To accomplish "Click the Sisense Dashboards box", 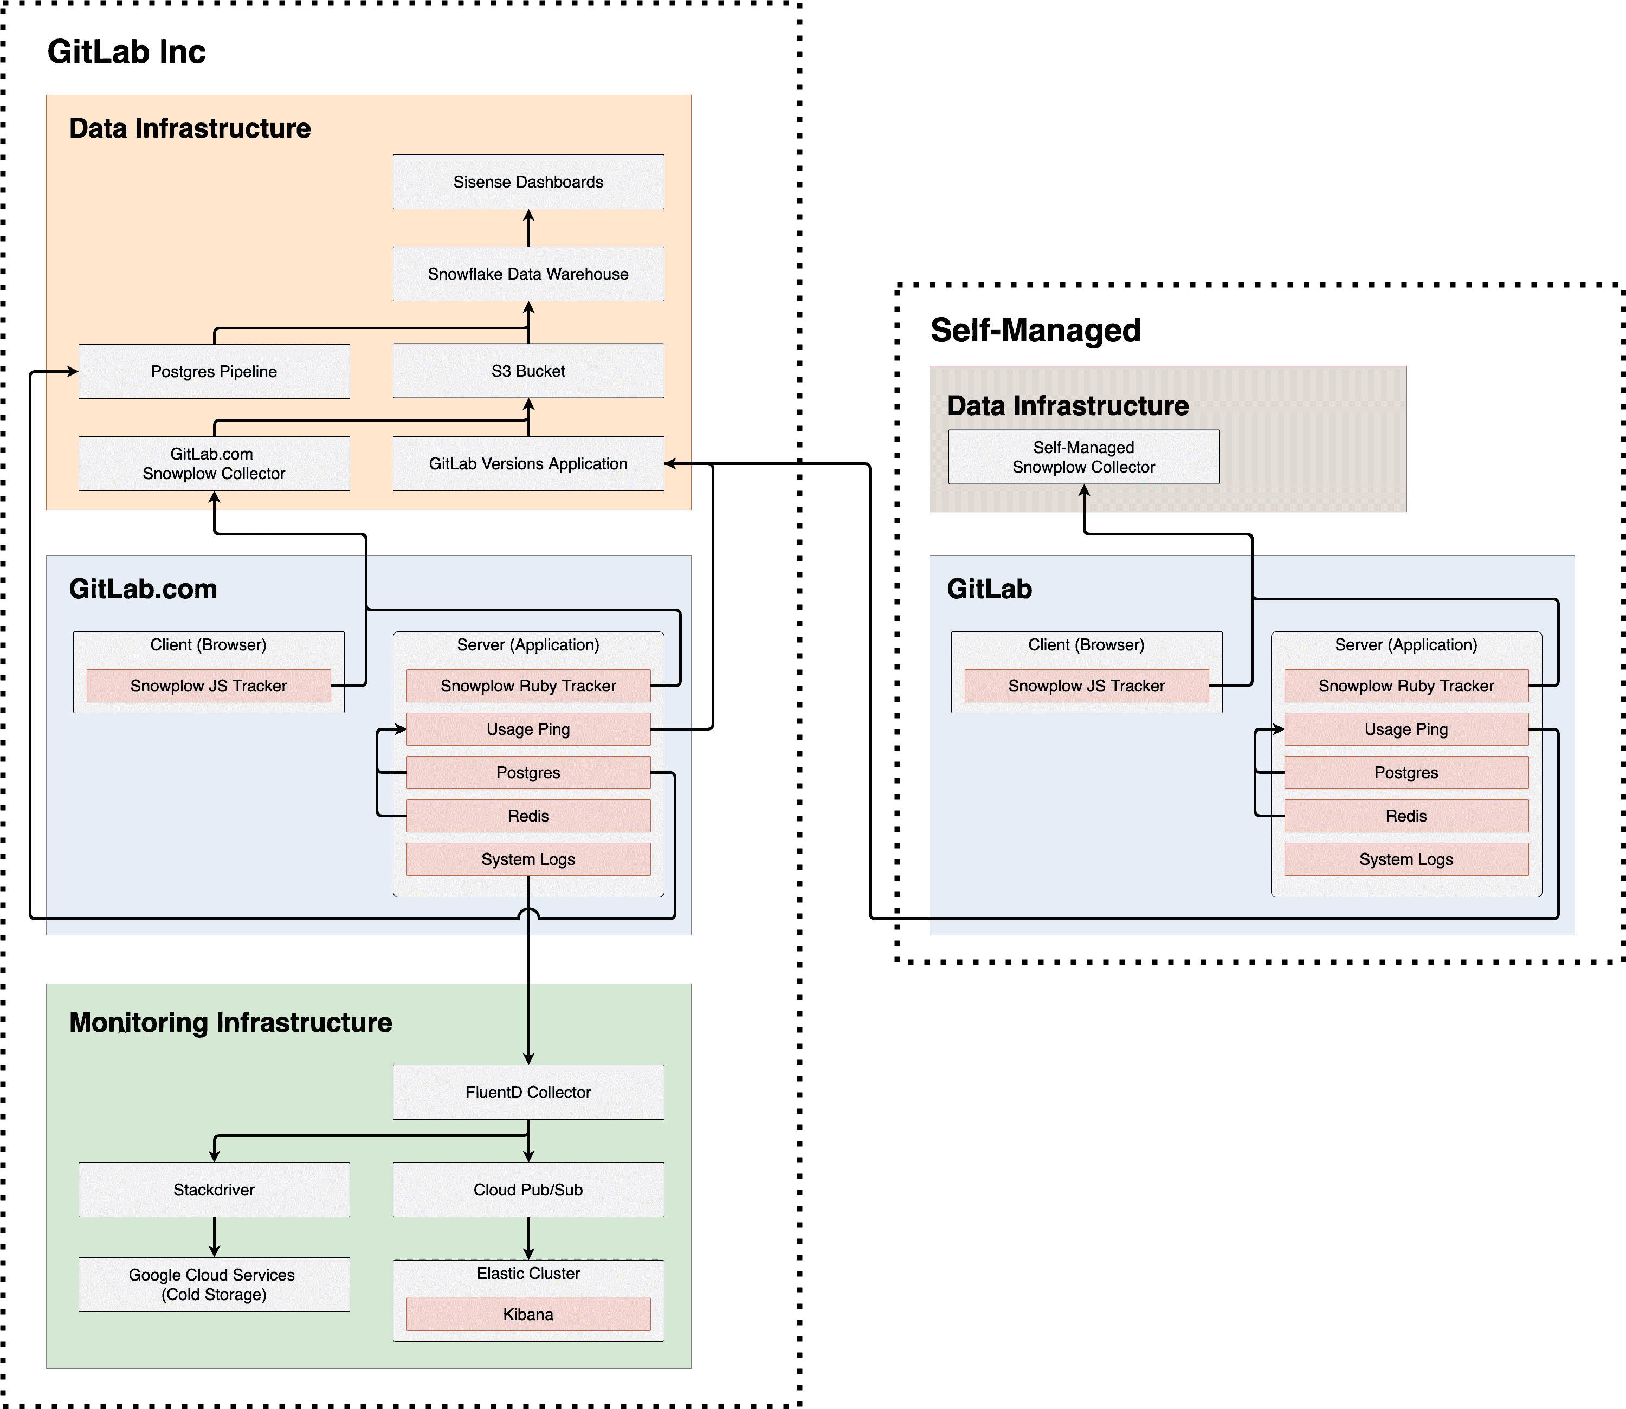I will (528, 182).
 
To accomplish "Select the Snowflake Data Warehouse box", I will (528, 274).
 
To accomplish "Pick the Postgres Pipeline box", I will (214, 371).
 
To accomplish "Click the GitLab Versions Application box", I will (528, 464).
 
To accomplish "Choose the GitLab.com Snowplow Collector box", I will (214, 464).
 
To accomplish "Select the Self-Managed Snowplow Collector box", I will (1083, 457).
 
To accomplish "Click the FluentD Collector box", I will (528, 1092).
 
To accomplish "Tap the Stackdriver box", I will (214, 1190).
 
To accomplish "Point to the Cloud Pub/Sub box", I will (528, 1190).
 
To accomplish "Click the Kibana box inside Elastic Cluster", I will (528, 1315).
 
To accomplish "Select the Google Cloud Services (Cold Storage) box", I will (214, 1285).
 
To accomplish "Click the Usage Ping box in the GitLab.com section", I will (528, 729).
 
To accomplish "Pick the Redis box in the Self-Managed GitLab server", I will (1406, 816).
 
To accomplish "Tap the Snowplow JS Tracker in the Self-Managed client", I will (1086, 686).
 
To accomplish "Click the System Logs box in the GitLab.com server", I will (528, 859).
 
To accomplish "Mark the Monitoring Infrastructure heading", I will (230, 1022).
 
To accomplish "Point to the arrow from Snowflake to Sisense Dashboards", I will (528, 228).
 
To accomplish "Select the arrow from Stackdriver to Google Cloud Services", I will (214, 1237).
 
